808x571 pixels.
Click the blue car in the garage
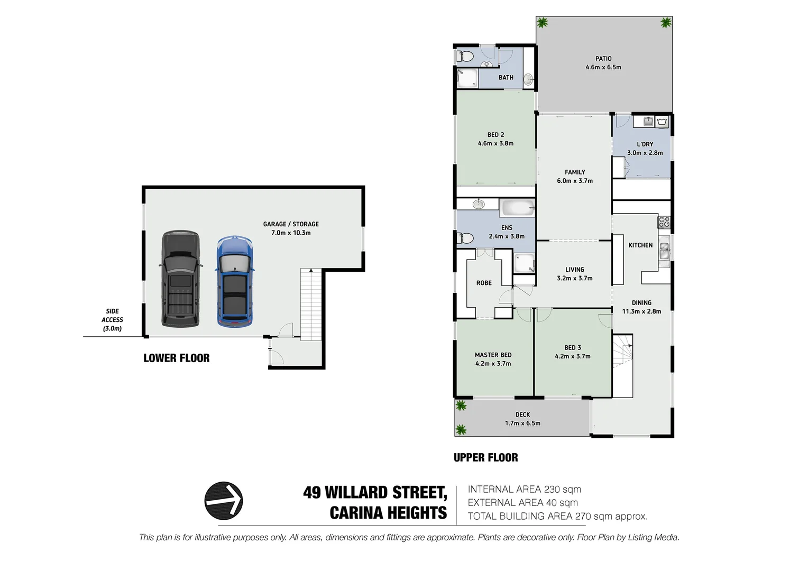pyautogui.click(x=234, y=281)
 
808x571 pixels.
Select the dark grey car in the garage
pyautogui.click(x=180, y=278)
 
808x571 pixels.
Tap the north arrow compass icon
pyautogui.click(x=224, y=500)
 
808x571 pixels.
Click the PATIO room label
pyautogui.click(x=603, y=59)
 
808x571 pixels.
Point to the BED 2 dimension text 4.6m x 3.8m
pyautogui.click(x=495, y=143)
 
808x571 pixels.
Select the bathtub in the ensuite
pyautogui.click(x=517, y=208)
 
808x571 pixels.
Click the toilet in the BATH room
pyautogui.click(x=465, y=56)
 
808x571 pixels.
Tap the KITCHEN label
pyautogui.click(x=640, y=245)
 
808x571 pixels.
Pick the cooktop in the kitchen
pyautogui.click(x=664, y=222)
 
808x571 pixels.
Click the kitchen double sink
pyautogui.click(x=664, y=251)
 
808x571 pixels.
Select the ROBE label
pyautogui.click(x=484, y=283)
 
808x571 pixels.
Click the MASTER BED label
pyautogui.click(x=493, y=355)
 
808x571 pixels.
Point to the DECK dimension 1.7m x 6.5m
pyautogui.click(x=522, y=423)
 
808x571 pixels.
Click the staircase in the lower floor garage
pyautogui.click(x=311, y=304)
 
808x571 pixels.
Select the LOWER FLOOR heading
pyautogui.click(x=176, y=358)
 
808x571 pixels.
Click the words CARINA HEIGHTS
pyautogui.click(x=388, y=513)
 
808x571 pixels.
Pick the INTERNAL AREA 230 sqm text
pyautogui.click(x=524, y=490)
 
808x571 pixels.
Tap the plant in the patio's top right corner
pyautogui.click(x=665, y=23)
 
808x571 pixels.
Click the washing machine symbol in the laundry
pyautogui.click(x=662, y=122)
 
